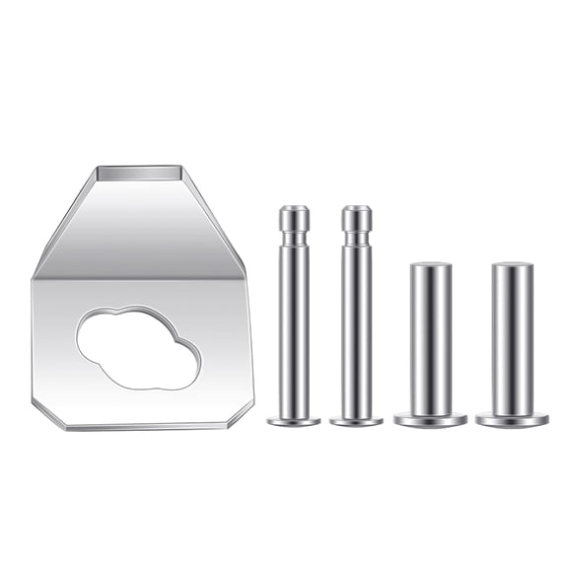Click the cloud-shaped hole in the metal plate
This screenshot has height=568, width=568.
click(138, 348)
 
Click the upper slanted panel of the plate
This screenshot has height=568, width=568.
click(138, 227)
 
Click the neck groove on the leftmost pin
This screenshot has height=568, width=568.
click(294, 238)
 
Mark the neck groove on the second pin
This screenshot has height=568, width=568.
click(356, 238)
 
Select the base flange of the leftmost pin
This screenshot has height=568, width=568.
click(294, 421)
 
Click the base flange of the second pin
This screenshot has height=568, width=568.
click(356, 421)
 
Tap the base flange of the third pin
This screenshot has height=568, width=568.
click(430, 420)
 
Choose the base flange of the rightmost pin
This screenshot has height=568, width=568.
click(512, 420)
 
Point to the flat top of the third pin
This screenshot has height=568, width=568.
click(431, 266)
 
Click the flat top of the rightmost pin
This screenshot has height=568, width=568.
click(512, 266)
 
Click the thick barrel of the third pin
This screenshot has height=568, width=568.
click(431, 340)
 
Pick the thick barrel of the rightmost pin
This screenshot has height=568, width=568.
click(512, 340)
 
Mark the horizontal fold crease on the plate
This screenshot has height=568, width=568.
click(138, 278)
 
